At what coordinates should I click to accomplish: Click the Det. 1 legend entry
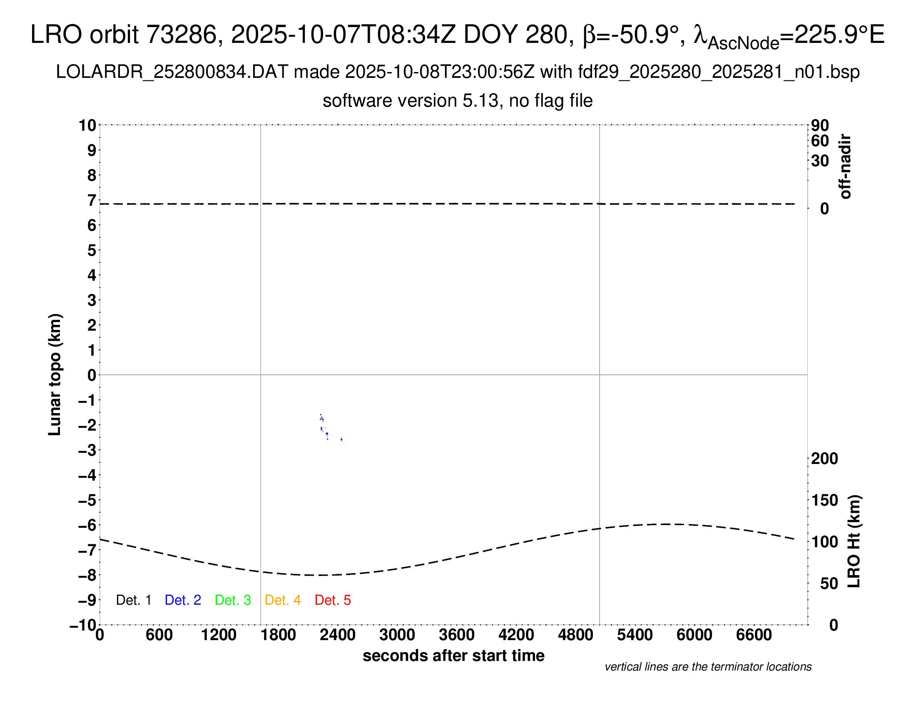click(133, 600)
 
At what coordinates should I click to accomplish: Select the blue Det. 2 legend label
click(183, 600)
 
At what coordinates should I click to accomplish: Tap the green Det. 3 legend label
click(233, 600)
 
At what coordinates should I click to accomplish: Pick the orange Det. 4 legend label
click(283, 600)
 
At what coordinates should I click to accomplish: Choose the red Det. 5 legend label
click(333, 600)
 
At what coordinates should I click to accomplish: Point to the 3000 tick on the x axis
click(397, 635)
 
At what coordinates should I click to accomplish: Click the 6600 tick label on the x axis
click(754, 635)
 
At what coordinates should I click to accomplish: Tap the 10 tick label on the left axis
click(87, 125)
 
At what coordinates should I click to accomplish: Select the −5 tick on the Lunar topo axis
click(87, 500)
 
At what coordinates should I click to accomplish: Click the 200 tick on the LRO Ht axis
click(824, 459)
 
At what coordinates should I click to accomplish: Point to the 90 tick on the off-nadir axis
click(820, 125)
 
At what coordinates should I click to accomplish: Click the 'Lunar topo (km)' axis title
click(55, 374)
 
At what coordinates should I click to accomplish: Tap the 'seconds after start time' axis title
click(453, 656)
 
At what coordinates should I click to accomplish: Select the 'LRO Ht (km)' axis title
click(854, 541)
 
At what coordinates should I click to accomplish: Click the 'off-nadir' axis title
click(846, 167)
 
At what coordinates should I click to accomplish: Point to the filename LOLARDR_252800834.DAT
click(172, 72)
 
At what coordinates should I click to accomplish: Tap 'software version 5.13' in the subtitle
click(410, 101)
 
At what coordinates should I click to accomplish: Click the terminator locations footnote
click(708, 667)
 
